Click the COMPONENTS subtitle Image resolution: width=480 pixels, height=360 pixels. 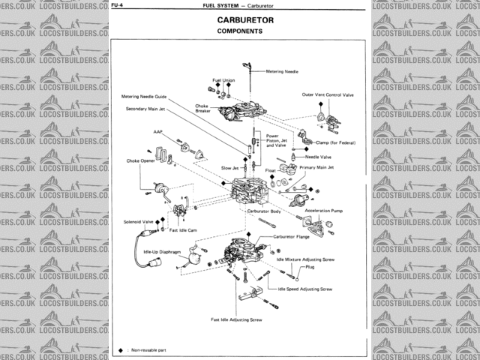(x=239, y=32)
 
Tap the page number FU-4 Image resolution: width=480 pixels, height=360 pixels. (x=118, y=5)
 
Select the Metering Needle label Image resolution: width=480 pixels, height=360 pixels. (x=283, y=71)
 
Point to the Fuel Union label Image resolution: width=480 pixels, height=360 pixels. (x=223, y=79)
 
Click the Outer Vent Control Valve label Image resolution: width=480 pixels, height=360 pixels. (x=328, y=95)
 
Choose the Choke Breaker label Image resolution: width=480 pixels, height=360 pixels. (x=202, y=108)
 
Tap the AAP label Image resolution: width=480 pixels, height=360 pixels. (x=158, y=131)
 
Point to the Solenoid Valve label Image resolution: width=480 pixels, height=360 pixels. (x=138, y=222)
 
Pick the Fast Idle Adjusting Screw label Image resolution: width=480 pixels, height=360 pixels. (x=236, y=319)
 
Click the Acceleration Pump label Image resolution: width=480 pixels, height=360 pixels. (x=323, y=211)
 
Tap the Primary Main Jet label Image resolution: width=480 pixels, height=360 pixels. (x=317, y=168)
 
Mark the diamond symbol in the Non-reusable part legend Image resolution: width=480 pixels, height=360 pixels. (x=120, y=350)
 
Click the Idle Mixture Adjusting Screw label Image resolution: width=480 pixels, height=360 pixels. (x=305, y=258)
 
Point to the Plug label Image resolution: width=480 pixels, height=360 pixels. (x=310, y=266)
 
